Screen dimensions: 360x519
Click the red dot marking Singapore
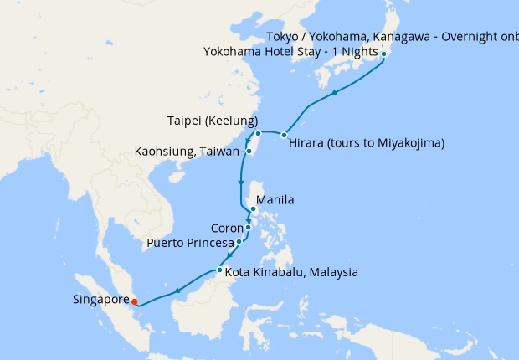pyautogui.click(x=135, y=301)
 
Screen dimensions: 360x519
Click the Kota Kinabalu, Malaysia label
pyautogui.click(x=291, y=272)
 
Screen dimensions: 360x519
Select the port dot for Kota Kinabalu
pyautogui.click(x=219, y=270)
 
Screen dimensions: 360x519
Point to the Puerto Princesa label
pyautogui.click(x=190, y=243)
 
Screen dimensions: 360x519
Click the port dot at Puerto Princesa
pyautogui.click(x=239, y=241)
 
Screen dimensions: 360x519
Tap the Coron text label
pyautogui.click(x=227, y=227)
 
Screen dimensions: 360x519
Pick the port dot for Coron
pyautogui.click(x=249, y=227)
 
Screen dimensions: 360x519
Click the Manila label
pyautogui.click(x=275, y=201)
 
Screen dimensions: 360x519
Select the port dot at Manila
pyautogui.click(x=253, y=209)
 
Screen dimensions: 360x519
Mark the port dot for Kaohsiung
pyautogui.click(x=249, y=152)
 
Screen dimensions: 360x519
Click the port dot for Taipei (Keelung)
pyautogui.click(x=259, y=133)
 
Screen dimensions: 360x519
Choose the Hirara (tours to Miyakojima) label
pyautogui.click(x=366, y=143)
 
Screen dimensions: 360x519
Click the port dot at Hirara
pyautogui.click(x=285, y=135)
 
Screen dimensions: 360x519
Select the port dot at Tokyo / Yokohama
pyautogui.click(x=383, y=54)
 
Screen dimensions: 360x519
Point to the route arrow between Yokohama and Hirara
pyautogui.click(x=335, y=93)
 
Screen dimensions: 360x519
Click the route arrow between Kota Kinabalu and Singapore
pyautogui.click(x=178, y=291)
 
